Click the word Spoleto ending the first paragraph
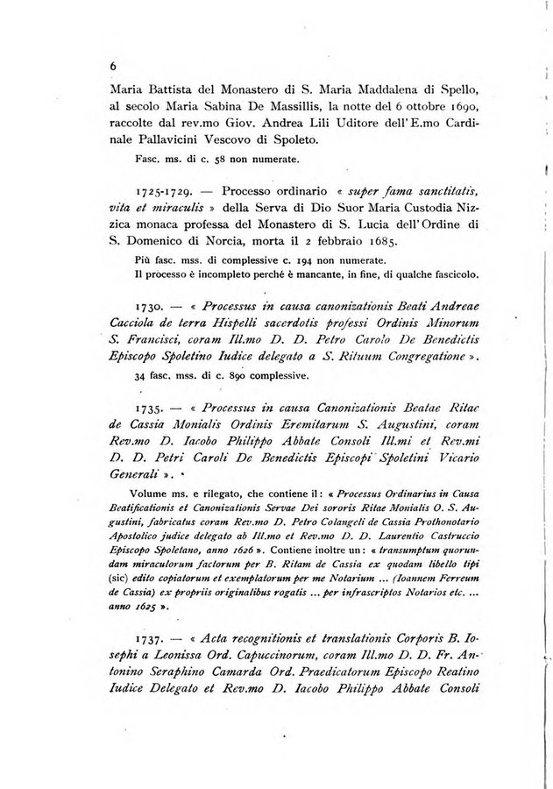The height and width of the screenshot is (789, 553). tap(313, 139)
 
